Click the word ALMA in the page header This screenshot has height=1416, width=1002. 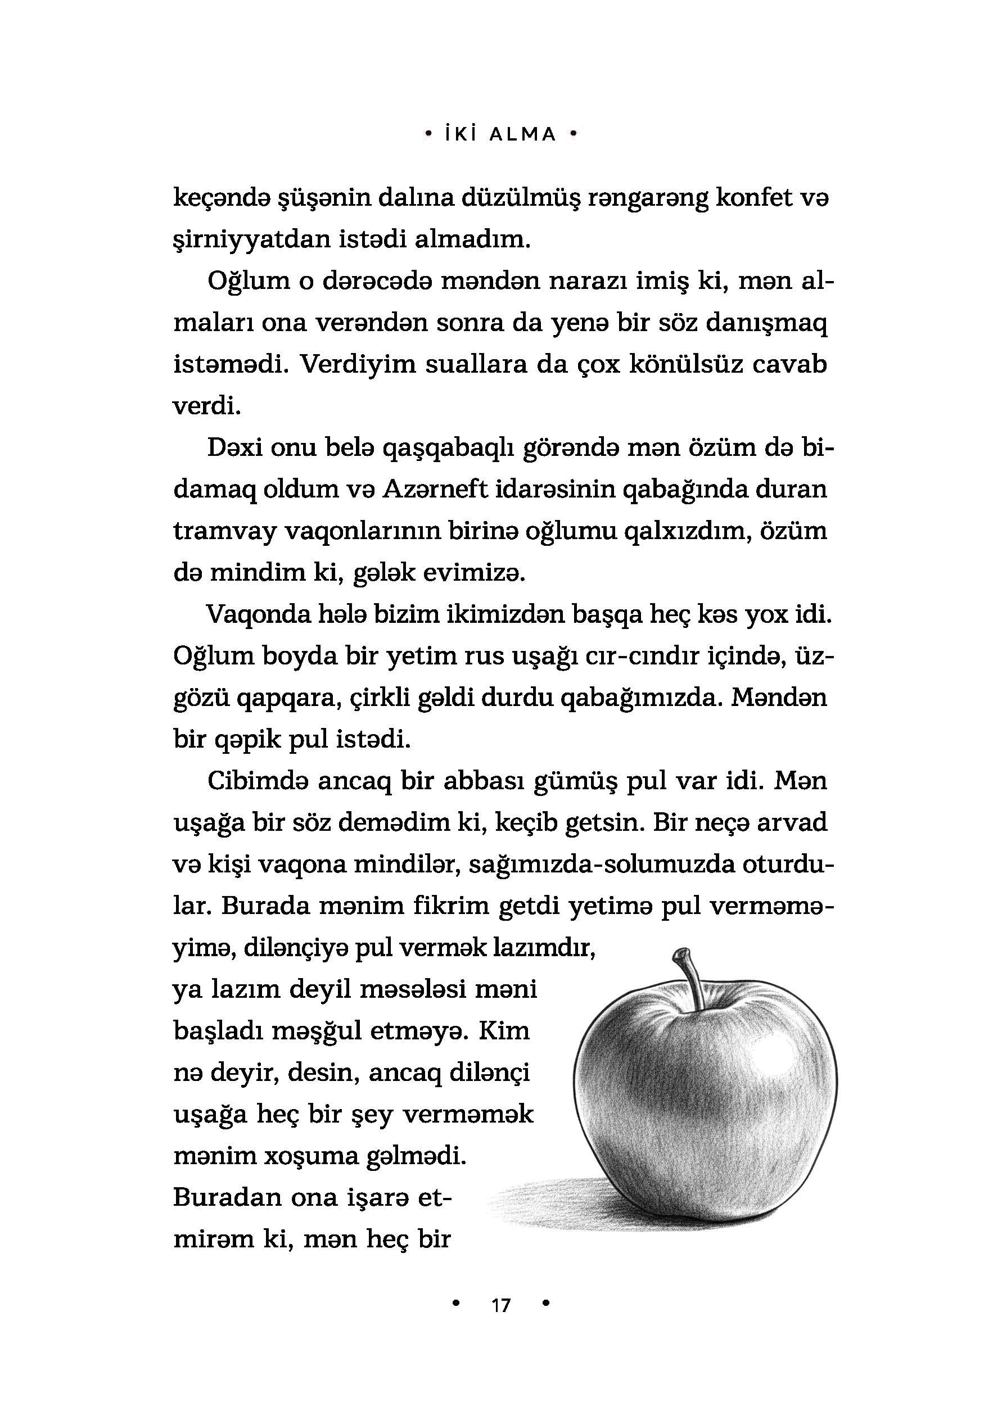(x=522, y=134)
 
